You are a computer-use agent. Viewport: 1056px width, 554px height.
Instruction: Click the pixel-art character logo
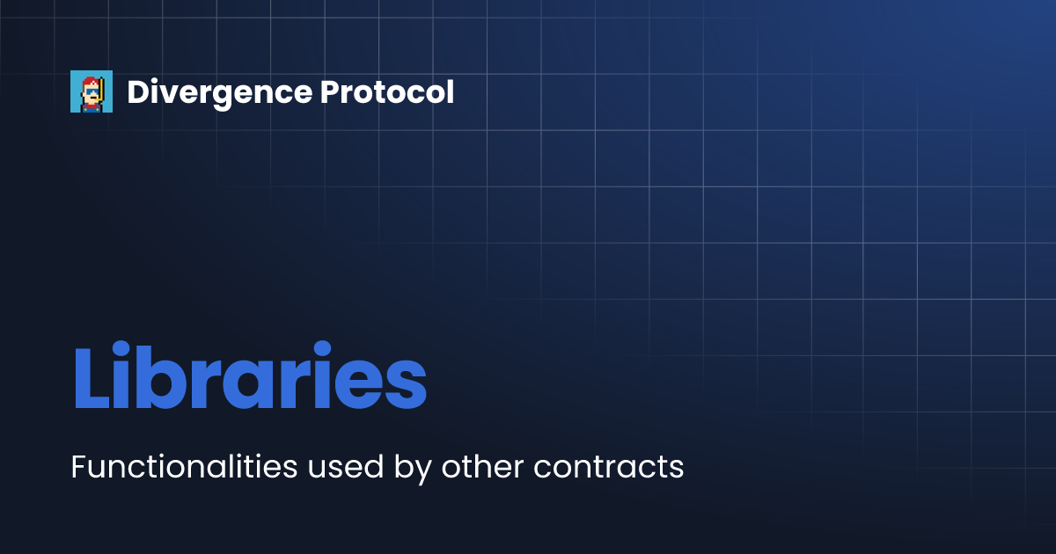[92, 91]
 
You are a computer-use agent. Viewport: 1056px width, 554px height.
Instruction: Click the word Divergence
[218, 92]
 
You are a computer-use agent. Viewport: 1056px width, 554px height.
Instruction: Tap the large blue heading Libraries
[249, 378]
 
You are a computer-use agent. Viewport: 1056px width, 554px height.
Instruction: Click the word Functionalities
[184, 467]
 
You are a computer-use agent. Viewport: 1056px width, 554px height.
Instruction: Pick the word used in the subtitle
[345, 467]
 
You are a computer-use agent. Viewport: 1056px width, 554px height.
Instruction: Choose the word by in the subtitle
[413, 469]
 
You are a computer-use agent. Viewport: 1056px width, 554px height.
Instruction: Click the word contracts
[608, 467]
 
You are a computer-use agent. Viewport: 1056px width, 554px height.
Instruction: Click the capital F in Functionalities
[77, 467]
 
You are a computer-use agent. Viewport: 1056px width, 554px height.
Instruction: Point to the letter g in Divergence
[233, 96]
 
